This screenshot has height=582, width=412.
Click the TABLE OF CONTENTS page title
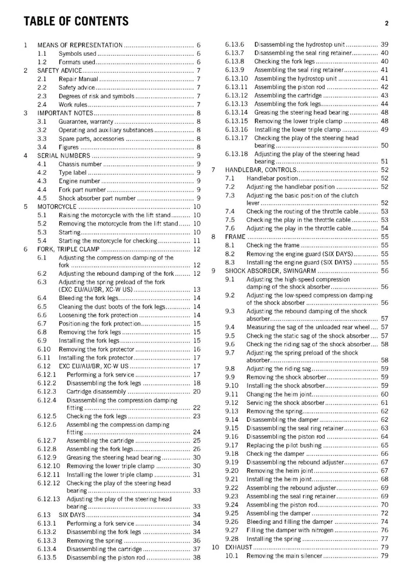pyautogui.click(x=76, y=22)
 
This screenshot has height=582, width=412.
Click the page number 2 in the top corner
pyautogui.click(x=386, y=24)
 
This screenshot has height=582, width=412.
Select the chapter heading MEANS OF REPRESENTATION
pyautogui.click(x=80, y=45)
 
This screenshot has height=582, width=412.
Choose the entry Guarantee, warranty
pyautogui.click(x=86, y=121)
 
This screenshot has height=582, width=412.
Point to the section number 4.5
pyautogui.click(x=42, y=198)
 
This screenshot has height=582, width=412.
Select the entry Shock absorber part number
pyautogui.click(x=97, y=198)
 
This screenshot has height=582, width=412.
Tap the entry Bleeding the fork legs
pyautogui.click(x=89, y=298)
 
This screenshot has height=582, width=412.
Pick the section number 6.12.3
pyautogui.click(x=47, y=391)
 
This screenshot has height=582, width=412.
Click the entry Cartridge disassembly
pyautogui.click(x=96, y=391)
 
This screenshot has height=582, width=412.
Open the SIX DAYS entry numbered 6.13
pyautogui.click(x=72, y=515)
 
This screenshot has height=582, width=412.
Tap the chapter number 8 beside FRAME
pyautogui.click(x=214, y=236)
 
